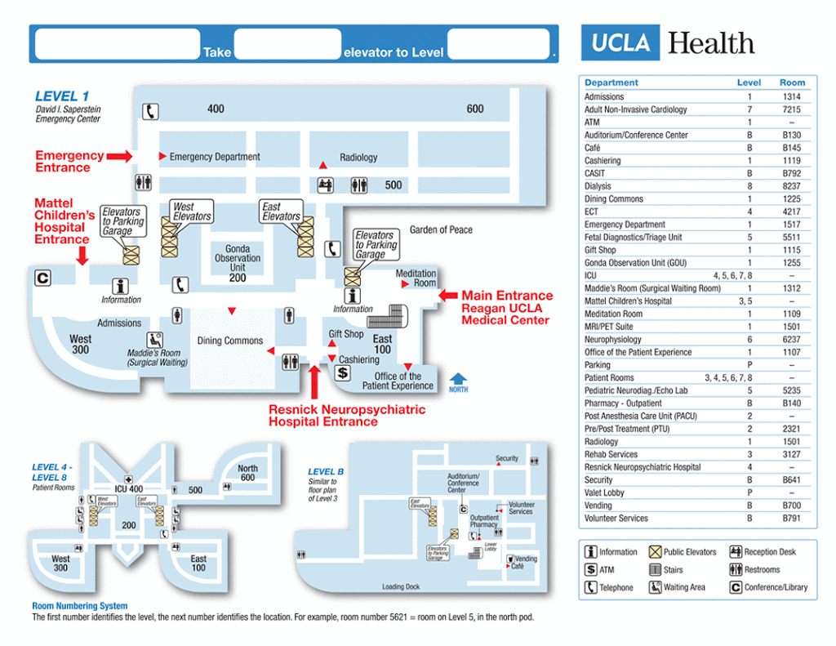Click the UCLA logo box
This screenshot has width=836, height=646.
coord(620,43)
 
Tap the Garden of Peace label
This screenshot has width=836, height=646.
coord(441,230)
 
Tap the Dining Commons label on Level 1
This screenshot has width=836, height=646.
coord(230,341)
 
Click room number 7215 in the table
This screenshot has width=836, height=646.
coord(791,109)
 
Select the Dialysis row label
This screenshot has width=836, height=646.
coord(598,186)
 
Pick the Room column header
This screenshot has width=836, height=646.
coord(791,82)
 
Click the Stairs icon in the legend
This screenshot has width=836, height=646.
coord(655,570)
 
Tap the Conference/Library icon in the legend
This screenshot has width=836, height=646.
coord(736,587)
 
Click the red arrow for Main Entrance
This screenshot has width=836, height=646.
coord(449,296)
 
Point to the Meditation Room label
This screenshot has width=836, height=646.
coord(416,278)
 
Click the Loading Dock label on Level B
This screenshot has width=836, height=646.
coord(400,586)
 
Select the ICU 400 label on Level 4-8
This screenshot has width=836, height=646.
coord(128,488)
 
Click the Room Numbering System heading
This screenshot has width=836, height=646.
coord(80,606)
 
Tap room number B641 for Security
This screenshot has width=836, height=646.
coord(791,480)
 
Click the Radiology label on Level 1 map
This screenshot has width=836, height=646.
coord(358,158)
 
